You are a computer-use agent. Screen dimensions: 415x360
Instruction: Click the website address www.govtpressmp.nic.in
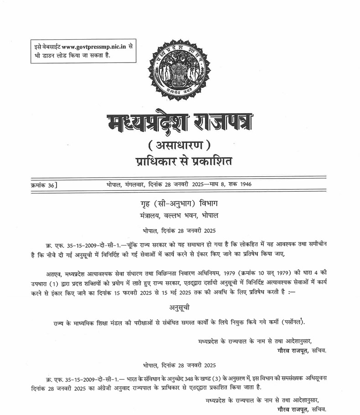coord(95,47)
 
